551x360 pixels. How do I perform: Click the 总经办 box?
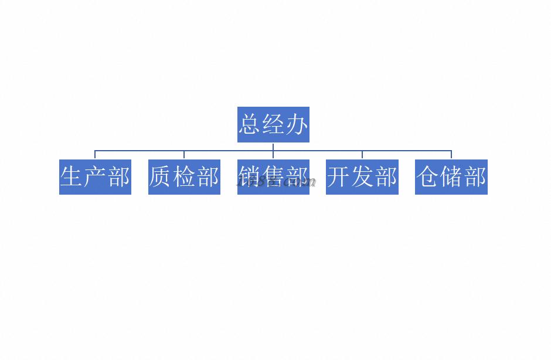[x=273, y=124]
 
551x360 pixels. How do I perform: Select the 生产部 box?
[x=95, y=176]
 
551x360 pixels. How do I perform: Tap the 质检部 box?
[x=184, y=176]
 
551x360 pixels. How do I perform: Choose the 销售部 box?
[x=273, y=176]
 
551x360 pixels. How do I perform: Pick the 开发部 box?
[x=362, y=176]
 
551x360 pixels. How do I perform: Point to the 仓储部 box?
[x=451, y=176]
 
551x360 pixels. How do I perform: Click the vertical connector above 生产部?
[x=95, y=155]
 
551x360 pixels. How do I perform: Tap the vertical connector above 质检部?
[x=184, y=155]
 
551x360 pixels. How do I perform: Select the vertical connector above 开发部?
[x=362, y=155]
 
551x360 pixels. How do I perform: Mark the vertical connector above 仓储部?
[x=451, y=155]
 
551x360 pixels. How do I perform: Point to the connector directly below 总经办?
[x=273, y=146]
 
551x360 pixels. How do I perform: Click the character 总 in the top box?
[x=249, y=124]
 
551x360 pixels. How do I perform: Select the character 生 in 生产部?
[x=72, y=176]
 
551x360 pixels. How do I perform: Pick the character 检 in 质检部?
[x=184, y=176]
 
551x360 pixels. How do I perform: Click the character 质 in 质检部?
[x=161, y=176]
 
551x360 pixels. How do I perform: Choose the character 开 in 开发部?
[x=339, y=176]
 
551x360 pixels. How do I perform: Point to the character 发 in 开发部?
[x=362, y=176]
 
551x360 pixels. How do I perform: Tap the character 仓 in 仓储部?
[x=428, y=176]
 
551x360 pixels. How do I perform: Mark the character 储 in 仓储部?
[x=451, y=176]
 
